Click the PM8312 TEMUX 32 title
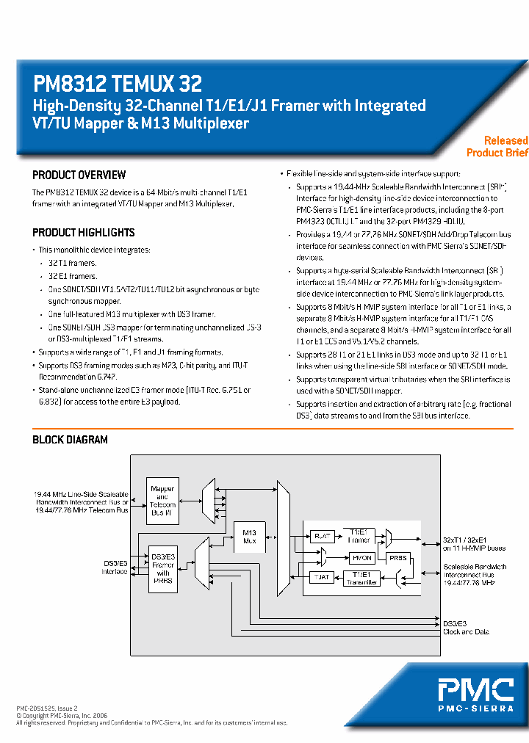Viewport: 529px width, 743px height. point(118,83)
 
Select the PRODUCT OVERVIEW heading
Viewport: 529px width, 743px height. point(79,175)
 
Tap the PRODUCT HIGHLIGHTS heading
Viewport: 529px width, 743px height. point(83,233)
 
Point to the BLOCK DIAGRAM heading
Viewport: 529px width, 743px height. point(70,440)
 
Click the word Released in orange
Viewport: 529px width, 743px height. point(505,140)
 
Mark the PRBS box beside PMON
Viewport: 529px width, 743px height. point(397,557)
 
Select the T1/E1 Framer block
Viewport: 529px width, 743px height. point(360,535)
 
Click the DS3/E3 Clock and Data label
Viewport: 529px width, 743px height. point(466,627)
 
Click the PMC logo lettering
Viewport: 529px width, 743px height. point(476,691)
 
